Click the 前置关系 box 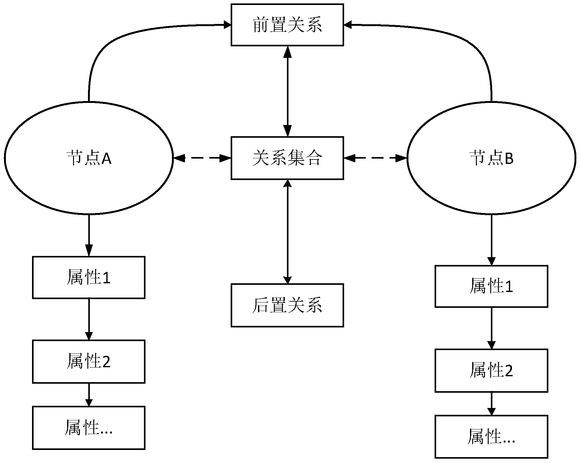(x=287, y=25)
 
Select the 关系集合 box (x=287, y=158)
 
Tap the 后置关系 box (x=287, y=305)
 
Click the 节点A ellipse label (x=89, y=158)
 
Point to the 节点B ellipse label (x=491, y=158)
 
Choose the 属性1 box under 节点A (x=89, y=277)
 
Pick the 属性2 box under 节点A (x=89, y=361)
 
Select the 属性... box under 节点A (x=89, y=428)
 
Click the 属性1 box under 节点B (x=491, y=286)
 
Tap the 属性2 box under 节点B (x=491, y=370)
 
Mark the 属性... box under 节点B (x=491, y=437)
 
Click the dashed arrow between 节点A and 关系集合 (x=202, y=158)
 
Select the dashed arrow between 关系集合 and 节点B (x=375, y=158)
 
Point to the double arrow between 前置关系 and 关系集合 (x=288, y=91)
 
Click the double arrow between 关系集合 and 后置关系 (x=288, y=231)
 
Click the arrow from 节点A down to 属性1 (x=89, y=235)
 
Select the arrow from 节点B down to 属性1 (x=491, y=239)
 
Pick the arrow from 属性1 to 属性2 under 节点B (x=491, y=328)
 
